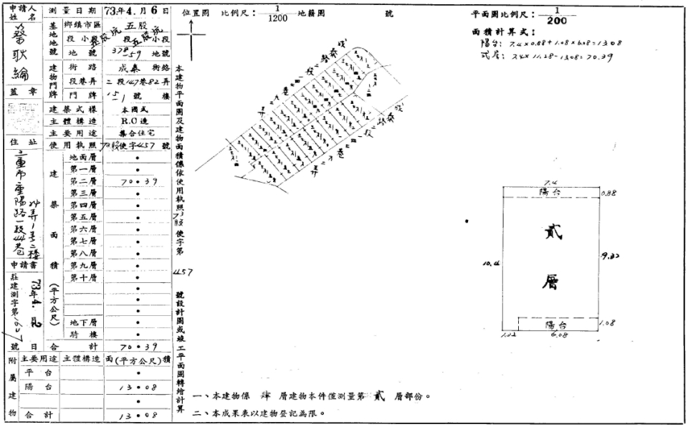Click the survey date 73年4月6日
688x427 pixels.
click(x=136, y=12)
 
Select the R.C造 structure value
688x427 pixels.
click(x=136, y=121)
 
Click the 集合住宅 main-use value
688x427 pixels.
click(x=136, y=133)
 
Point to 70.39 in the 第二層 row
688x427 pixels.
click(x=136, y=181)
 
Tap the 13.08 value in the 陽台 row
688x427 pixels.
click(x=136, y=388)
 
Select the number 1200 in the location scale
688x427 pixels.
click(x=277, y=19)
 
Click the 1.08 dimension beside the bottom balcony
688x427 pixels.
click(x=608, y=323)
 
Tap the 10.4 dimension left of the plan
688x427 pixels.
click(x=492, y=264)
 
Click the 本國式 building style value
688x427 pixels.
click(x=136, y=110)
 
